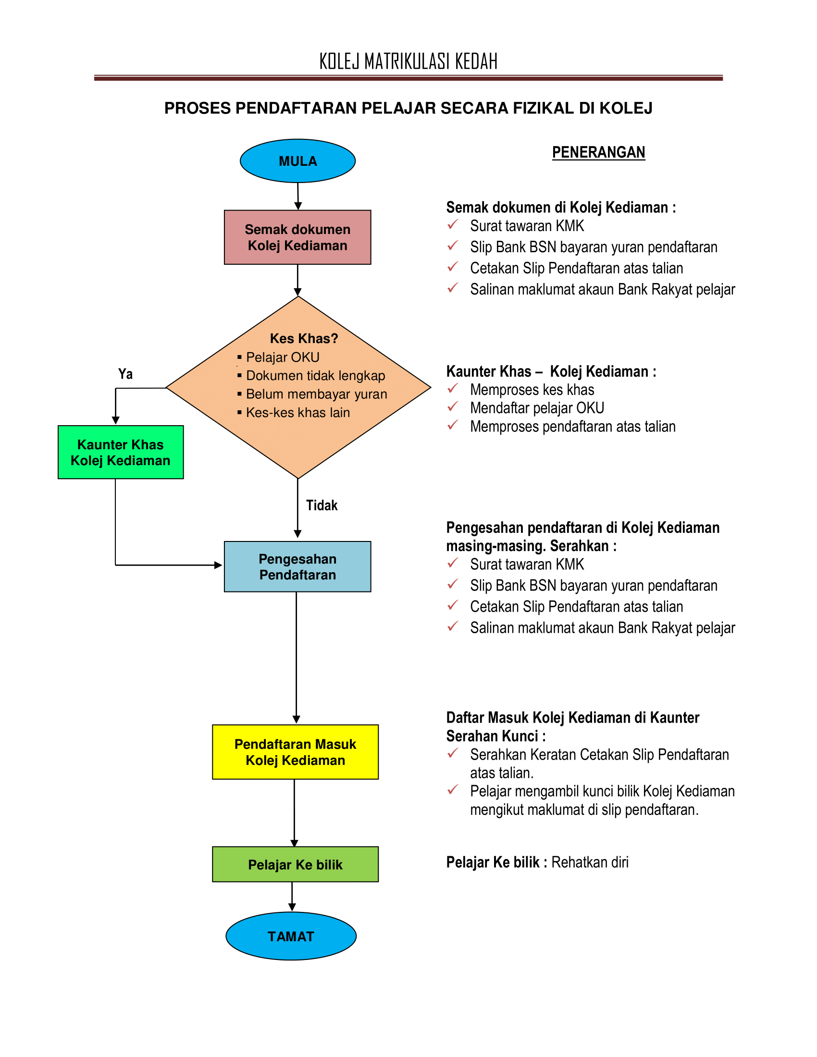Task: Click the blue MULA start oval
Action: pyautogui.click(x=297, y=160)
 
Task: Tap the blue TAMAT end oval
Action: pyautogui.click(x=291, y=936)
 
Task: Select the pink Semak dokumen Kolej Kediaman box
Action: pyautogui.click(x=297, y=237)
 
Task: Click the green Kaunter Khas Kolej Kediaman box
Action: pyautogui.click(x=121, y=452)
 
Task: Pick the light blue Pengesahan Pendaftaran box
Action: pyautogui.click(x=297, y=566)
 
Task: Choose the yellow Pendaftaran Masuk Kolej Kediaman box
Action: pyautogui.click(x=295, y=751)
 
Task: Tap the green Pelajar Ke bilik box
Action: pyautogui.click(x=295, y=864)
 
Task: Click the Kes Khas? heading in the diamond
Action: pyautogui.click(x=304, y=338)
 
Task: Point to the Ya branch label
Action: pyautogui.click(x=125, y=374)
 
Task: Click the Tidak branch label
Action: pyautogui.click(x=322, y=505)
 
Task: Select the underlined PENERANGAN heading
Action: pyautogui.click(x=599, y=152)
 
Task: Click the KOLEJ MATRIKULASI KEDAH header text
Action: pyautogui.click(x=408, y=61)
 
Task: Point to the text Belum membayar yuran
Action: pyautogui.click(x=317, y=394)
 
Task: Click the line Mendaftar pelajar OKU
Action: pyautogui.click(x=537, y=408)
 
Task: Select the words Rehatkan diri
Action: pyautogui.click(x=590, y=862)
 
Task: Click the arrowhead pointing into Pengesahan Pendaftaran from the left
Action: pyautogui.click(x=218, y=565)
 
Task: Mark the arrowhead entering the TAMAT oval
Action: pyautogui.click(x=292, y=907)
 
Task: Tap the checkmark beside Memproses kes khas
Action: pyautogui.click(x=453, y=388)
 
